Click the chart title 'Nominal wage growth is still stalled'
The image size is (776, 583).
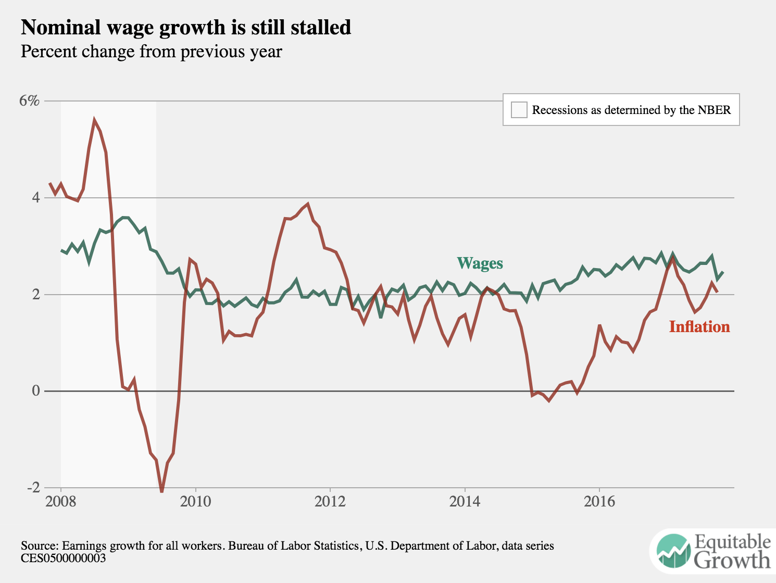click(186, 28)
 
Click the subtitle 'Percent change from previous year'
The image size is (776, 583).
click(151, 52)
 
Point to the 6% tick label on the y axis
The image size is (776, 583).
click(29, 100)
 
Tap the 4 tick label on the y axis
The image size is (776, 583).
click(35, 197)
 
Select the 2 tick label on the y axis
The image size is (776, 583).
click(35, 294)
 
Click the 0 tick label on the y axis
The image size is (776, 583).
click(35, 390)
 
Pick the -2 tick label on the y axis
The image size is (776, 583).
click(33, 487)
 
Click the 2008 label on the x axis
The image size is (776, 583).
click(60, 502)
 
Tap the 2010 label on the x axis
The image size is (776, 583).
click(195, 502)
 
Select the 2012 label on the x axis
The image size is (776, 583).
click(330, 502)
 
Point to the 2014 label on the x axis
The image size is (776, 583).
click(465, 502)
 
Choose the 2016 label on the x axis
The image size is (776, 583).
click(599, 502)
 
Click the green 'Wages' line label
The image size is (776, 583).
click(480, 263)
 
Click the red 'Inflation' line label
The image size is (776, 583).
click(699, 327)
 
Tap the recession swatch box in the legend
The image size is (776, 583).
click(519, 110)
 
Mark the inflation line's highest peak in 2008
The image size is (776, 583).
click(94, 120)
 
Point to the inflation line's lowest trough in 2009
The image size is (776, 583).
click(161, 491)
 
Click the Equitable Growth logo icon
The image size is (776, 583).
click(673, 551)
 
